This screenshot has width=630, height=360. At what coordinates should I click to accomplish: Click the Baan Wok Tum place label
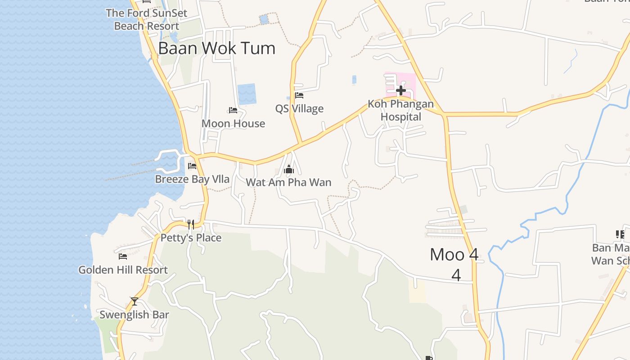click(216, 48)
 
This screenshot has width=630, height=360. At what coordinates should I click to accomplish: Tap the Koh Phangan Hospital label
click(401, 110)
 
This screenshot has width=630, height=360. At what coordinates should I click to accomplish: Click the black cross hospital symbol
click(400, 90)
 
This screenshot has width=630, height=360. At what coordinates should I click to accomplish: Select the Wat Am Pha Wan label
click(288, 182)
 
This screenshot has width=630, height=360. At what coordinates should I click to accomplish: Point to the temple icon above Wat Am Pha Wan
click(289, 170)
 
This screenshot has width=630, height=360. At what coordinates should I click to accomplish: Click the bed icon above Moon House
click(233, 110)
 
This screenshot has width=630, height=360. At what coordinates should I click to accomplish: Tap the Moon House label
click(233, 123)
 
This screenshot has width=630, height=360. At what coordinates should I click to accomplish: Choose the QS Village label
click(299, 108)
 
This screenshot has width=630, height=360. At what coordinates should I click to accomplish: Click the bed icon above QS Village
click(299, 95)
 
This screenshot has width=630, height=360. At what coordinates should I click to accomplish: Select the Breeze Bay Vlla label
click(192, 179)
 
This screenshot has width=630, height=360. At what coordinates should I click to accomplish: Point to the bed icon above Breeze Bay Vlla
click(192, 166)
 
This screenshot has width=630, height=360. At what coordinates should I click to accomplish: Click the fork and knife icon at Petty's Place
click(191, 224)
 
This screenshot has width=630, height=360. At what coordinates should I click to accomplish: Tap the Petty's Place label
click(191, 238)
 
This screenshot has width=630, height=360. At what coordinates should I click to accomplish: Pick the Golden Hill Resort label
click(123, 270)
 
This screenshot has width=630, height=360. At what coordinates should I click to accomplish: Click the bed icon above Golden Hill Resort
click(123, 256)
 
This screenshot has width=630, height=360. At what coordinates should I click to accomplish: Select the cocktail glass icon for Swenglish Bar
click(134, 301)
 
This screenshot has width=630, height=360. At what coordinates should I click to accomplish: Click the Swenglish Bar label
click(134, 315)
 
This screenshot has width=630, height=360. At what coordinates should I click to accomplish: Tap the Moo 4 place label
click(454, 255)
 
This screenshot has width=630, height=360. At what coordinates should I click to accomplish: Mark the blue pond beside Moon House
click(247, 94)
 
